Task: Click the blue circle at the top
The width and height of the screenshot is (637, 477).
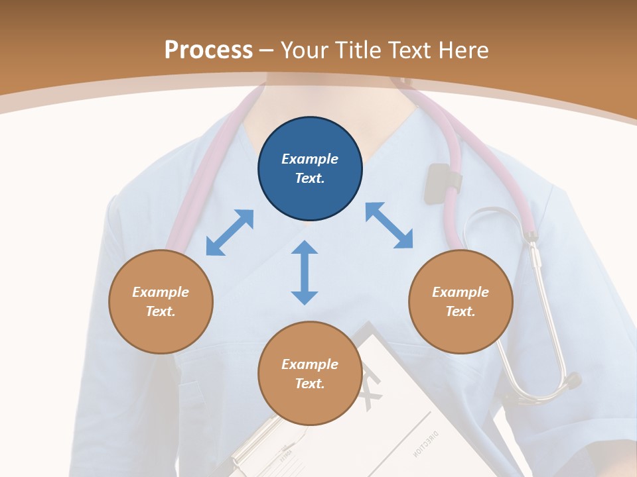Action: coord(310,169)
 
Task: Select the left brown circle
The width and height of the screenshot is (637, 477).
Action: coord(161,301)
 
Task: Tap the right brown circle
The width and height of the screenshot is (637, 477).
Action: coord(460,301)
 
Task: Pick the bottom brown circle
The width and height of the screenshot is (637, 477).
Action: coord(310,374)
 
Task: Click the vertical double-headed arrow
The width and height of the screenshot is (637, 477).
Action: coord(305,272)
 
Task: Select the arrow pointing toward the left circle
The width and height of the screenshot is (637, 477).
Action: coord(230,233)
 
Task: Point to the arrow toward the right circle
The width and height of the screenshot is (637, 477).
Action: coord(389,225)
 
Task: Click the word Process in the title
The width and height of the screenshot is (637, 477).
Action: coord(208,50)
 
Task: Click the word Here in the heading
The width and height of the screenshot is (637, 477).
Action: coord(463,50)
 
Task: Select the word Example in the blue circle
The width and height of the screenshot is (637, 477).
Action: coord(310,159)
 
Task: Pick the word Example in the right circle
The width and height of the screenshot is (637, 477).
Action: coord(460,292)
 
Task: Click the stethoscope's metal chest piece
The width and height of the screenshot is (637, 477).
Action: coord(569,382)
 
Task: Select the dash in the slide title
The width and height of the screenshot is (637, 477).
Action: coord(267,50)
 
